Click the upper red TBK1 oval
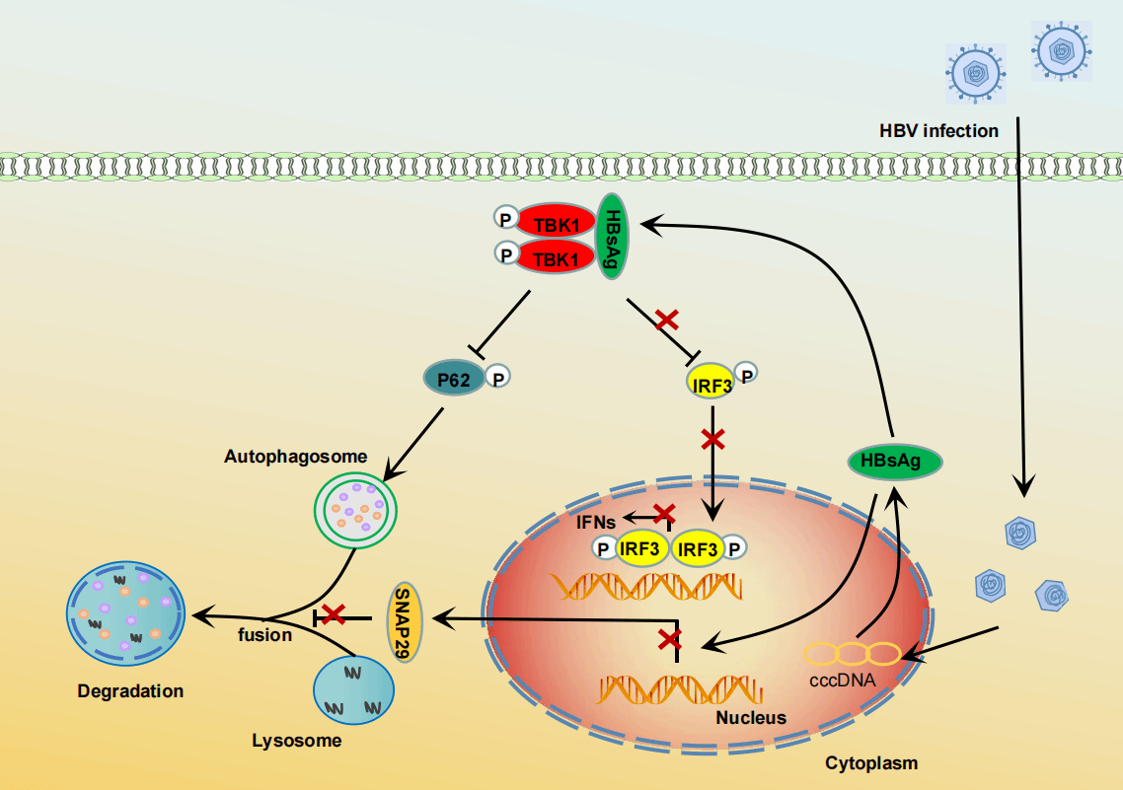(x=556, y=224)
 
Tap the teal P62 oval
(x=455, y=377)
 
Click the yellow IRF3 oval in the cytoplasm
(x=711, y=384)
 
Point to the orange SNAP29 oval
(x=405, y=621)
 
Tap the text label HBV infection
(x=938, y=130)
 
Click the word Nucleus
(x=751, y=717)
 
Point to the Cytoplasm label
(x=871, y=762)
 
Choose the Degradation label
(x=130, y=691)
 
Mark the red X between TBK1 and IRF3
(x=668, y=319)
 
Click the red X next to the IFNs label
(x=664, y=513)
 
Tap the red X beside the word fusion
(x=334, y=614)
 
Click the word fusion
(x=264, y=635)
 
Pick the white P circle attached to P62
(x=499, y=376)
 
